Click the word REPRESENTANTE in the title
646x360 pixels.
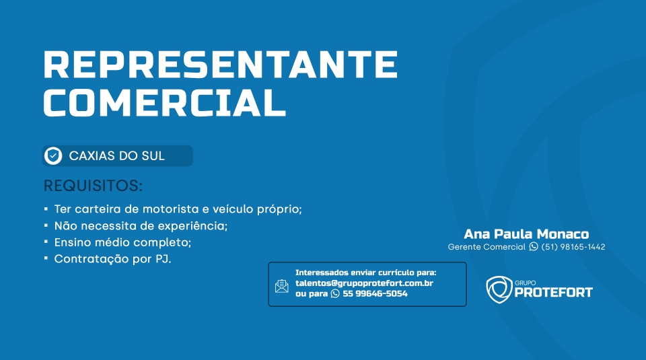click(x=221, y=64)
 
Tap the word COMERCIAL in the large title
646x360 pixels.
click(x=164, y=102)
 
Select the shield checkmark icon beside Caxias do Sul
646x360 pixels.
click(x=53, y=155)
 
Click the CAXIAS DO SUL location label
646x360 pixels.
click(x=116, y=155)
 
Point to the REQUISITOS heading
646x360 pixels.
click(x=93, y=186)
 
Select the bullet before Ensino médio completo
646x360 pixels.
click(x=46, y=242)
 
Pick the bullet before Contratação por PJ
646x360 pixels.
click(x=46, y=258)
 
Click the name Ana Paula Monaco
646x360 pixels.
click(x=526, y=234)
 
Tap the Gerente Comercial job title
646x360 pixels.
click(x=487, y=247)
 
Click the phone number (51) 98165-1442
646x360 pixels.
click(x=573, y=247)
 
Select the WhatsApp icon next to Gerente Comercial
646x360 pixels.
click(x=534, y=246)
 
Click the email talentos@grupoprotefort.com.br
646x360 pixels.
click(x=364, y=283)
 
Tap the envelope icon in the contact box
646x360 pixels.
click(x=282, y=286)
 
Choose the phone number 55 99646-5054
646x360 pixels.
click(x=375, y=293)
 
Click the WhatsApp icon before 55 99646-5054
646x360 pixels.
click(x=335, y=293)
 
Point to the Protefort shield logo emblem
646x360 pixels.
click(x=499, y=289)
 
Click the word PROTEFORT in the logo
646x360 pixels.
click(x=553, y=293)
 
